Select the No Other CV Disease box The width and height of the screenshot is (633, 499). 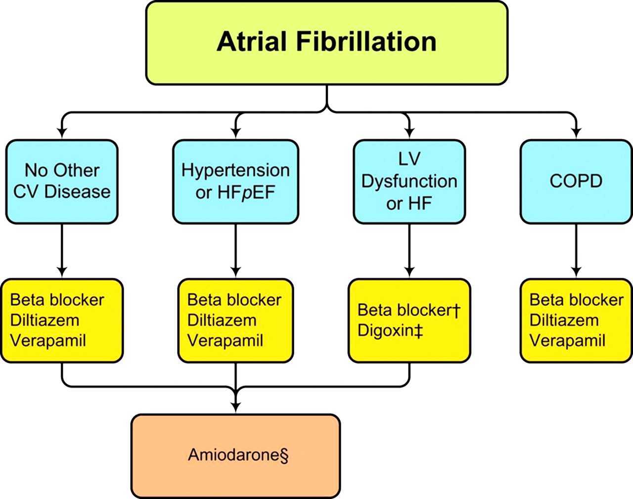tap(62, 181)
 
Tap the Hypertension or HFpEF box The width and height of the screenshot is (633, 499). tap(235, 181)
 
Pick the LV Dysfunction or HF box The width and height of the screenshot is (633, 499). tap(409, 181)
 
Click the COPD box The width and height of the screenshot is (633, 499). tap(576, 181)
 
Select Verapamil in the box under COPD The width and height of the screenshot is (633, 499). tap(567, 341)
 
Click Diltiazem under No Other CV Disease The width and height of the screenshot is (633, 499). tap(45, 320)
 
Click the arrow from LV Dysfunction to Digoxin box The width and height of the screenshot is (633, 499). tap(409, 252)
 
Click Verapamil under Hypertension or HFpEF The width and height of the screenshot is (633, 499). tap(225, 341)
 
